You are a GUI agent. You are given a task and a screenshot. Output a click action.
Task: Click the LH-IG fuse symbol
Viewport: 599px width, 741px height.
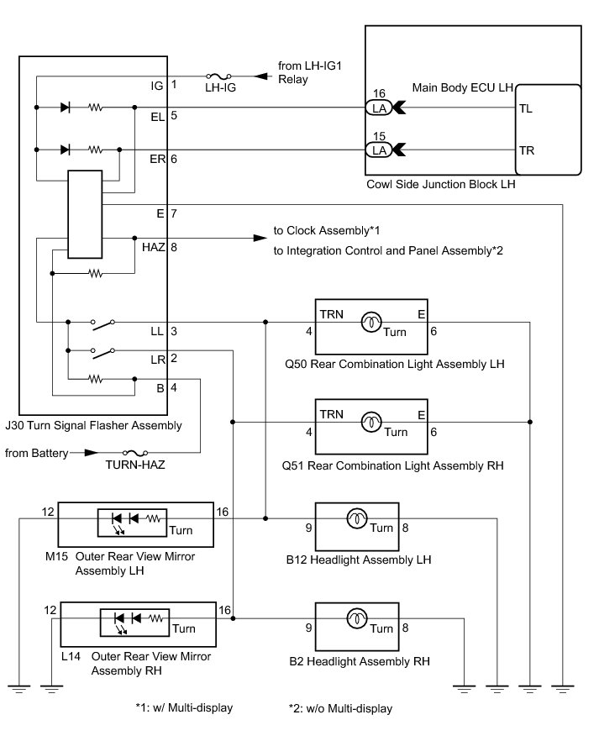coord(218,76)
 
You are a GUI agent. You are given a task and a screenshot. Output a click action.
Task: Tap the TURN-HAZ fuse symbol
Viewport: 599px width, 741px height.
coord(135,453)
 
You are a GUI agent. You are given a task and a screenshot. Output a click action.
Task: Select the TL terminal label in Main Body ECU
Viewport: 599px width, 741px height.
coord(526,108)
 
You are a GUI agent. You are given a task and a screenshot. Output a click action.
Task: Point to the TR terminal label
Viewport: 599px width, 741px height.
coord(527,150)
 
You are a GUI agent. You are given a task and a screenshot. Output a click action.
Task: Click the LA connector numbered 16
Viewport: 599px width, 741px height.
coord(379,108)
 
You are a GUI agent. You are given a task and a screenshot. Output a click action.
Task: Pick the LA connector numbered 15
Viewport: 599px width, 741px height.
coord(379,150)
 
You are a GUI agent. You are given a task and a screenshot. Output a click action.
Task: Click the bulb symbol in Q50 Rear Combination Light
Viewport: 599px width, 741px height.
coord(371,323)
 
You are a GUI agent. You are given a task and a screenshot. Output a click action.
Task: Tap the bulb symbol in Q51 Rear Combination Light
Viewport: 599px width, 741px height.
coord(371,422)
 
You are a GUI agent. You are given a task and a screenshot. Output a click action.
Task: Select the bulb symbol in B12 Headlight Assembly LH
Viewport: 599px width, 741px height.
coord(357,518)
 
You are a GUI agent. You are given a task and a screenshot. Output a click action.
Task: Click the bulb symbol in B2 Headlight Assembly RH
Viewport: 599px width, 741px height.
coord(357,618)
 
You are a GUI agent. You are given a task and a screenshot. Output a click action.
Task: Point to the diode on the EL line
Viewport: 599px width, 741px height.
coord(66,108)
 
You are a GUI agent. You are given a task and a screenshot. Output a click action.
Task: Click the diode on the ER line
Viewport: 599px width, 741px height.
coord(66,150)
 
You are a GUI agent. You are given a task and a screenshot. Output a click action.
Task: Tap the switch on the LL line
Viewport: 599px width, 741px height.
coord(103,323)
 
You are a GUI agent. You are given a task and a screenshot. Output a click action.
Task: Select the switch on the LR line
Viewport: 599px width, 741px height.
coord(103,353)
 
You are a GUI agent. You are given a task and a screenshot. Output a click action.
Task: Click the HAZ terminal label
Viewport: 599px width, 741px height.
coord(154,247)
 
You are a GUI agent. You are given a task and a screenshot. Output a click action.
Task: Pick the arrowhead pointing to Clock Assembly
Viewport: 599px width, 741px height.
coord(260,238)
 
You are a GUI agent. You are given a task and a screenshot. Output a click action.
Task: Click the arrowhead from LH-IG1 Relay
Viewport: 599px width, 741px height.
coord(260,76)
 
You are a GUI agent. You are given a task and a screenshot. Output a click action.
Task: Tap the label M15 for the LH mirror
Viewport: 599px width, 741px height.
coord(56,556)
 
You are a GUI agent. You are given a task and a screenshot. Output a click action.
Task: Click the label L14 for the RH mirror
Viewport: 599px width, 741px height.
coord(71,656)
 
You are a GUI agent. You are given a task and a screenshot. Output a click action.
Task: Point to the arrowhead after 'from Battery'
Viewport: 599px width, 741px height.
coord(92,453)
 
